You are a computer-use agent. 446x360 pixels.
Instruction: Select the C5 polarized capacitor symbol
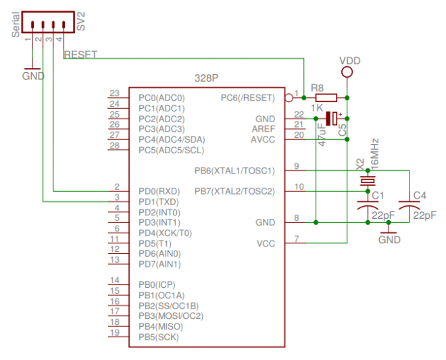pyautogui.click(x=331, y=118)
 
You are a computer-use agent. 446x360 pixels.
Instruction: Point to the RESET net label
pyautogui.click(x=80, y=55)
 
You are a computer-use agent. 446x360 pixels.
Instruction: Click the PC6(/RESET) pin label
pyautogui.click(x=247, y=97)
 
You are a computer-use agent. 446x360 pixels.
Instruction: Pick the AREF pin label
pyautogui.click(x=264, y=129)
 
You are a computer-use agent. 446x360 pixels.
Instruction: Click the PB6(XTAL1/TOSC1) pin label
pyautogui.click(x=234, y=171)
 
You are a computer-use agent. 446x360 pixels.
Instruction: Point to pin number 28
pyautogui.click(x=114, y=145)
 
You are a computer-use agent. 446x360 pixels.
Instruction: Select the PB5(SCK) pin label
pyautogui.click(x=159, y=336)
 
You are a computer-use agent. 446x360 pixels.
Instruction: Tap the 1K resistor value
pyautogui.click(x=317, y=109)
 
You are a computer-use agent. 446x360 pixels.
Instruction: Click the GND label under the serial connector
pyautogui.click(x=33, y=76)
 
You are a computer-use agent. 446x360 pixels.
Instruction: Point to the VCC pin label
pyautogui.click(x=266, y=243)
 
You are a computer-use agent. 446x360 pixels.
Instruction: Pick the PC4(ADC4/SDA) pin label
pyautogui.click(x=172, y=139)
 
